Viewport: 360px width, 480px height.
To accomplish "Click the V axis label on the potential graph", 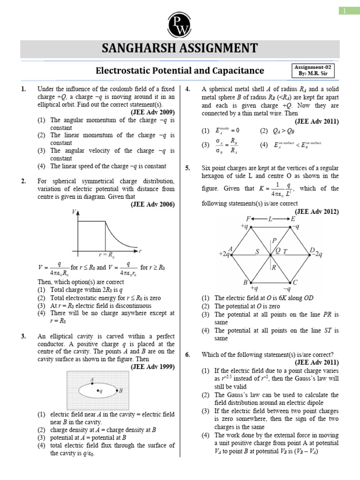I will click(x=74, y=212).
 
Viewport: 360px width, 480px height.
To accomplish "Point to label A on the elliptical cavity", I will click(x=93, y=379).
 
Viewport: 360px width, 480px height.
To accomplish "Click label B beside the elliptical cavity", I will click(x=121, y=390).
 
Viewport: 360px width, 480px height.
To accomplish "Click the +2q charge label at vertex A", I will click(x=224, y=254).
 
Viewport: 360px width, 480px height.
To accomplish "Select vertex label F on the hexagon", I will click(x=248, y=219).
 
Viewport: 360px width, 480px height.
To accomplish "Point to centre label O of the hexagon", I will click(x=277, y=251).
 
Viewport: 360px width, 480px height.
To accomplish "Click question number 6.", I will click(x=187, y=354).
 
